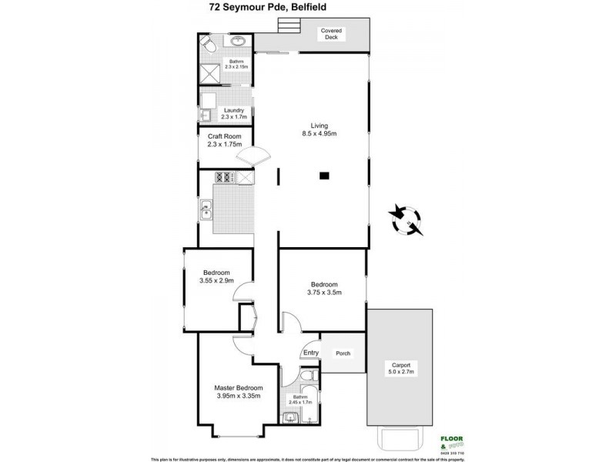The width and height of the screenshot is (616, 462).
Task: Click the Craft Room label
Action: pos(224,140)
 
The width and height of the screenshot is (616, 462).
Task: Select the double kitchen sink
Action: pos(207,209)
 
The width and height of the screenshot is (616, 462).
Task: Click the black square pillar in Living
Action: pos(325,176)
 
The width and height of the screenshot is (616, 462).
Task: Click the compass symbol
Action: pos(406,219)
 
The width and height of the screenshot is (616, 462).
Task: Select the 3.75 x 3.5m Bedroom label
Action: pos(322,289)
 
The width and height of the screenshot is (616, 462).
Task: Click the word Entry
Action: pos(310,353)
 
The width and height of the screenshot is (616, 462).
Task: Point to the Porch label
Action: pos(343,353)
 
